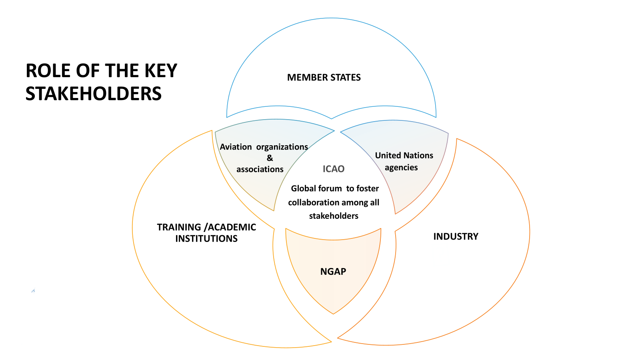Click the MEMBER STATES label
coord(324,78)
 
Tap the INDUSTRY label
coord(456,236)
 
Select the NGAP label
coord(333,272)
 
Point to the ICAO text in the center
coord(333,169)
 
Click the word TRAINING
coord(179,227)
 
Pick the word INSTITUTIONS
coord(206,239)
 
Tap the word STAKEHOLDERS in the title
coord(94,94)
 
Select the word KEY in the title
coord(161,71)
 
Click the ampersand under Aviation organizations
coord(270,158)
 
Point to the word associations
coord(260,169)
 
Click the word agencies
coord(401,168)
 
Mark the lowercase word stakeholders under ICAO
coord(334,216)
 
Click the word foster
coord(368,188)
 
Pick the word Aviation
coord(236,147)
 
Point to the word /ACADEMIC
coord(230,227)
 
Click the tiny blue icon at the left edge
coord(33,291)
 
